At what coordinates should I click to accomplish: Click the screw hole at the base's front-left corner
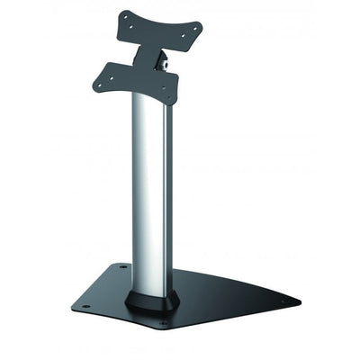pos(87,306)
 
